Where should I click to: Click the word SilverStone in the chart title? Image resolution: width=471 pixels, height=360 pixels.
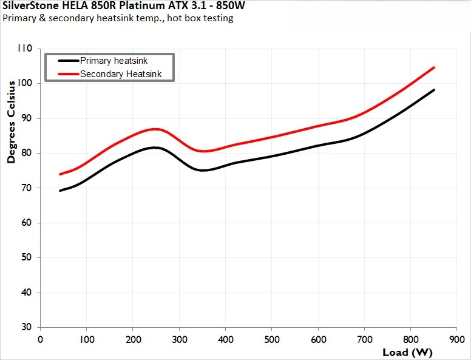coord(29,7)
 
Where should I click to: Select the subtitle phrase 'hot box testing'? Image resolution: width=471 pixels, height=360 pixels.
coord(204,18)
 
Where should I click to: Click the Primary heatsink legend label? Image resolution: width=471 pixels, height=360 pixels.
coord(114,61)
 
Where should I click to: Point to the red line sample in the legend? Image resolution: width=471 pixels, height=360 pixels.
coord(68,74)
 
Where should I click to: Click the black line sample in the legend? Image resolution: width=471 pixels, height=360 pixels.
coord(68,61)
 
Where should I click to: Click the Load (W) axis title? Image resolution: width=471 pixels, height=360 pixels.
coord(407,352)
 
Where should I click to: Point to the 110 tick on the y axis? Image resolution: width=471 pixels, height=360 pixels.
coord(27,49)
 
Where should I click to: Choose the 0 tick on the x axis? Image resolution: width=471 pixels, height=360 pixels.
coord(40,338)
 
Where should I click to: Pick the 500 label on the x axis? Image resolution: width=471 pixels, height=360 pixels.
coord(272,338)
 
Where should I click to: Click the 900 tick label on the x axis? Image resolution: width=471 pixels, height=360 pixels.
coord(457,338)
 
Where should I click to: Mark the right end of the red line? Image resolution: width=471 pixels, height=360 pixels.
coord(434,67)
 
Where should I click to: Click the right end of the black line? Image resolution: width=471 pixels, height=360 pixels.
coord(434,90)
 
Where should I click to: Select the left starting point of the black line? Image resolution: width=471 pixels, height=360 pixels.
coord(60,191)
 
